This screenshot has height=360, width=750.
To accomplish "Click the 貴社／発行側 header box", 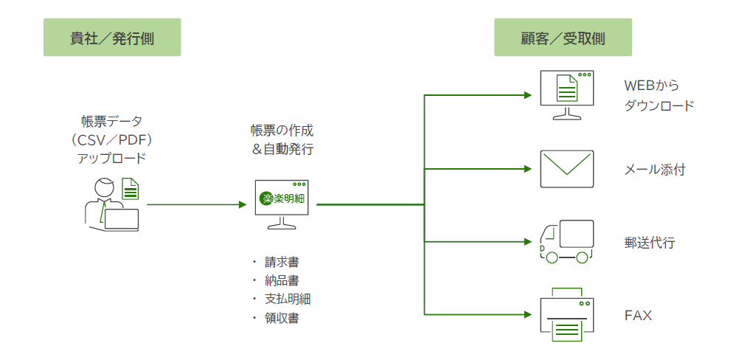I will (112, 38).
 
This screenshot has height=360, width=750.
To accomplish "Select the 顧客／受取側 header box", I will (563, 38).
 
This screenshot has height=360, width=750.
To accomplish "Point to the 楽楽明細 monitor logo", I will (282, 198).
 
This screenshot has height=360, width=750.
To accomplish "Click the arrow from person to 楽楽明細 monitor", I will (196, 204).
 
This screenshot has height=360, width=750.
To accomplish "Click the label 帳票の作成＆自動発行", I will (282, 139).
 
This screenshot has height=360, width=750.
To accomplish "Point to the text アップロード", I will (111, 158).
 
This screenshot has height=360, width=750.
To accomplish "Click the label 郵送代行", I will (649, 243).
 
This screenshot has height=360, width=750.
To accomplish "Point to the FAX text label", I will (638, 316).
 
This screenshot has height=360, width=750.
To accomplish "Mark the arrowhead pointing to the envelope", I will (527, 169).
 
